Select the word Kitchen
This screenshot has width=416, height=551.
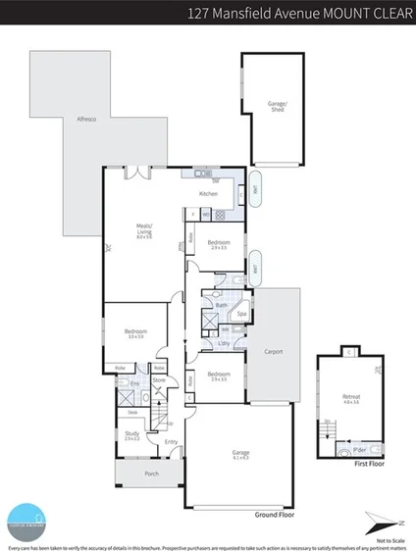point(208,194)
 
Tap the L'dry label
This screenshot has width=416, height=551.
point(224,343)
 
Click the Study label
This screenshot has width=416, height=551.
point(131,434)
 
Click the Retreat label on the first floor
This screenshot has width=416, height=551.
point(351,398)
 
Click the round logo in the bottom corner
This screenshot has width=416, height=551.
point(24,521)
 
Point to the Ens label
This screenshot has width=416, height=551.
point(134,382)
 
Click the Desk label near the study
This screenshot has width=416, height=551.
point(130,414)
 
